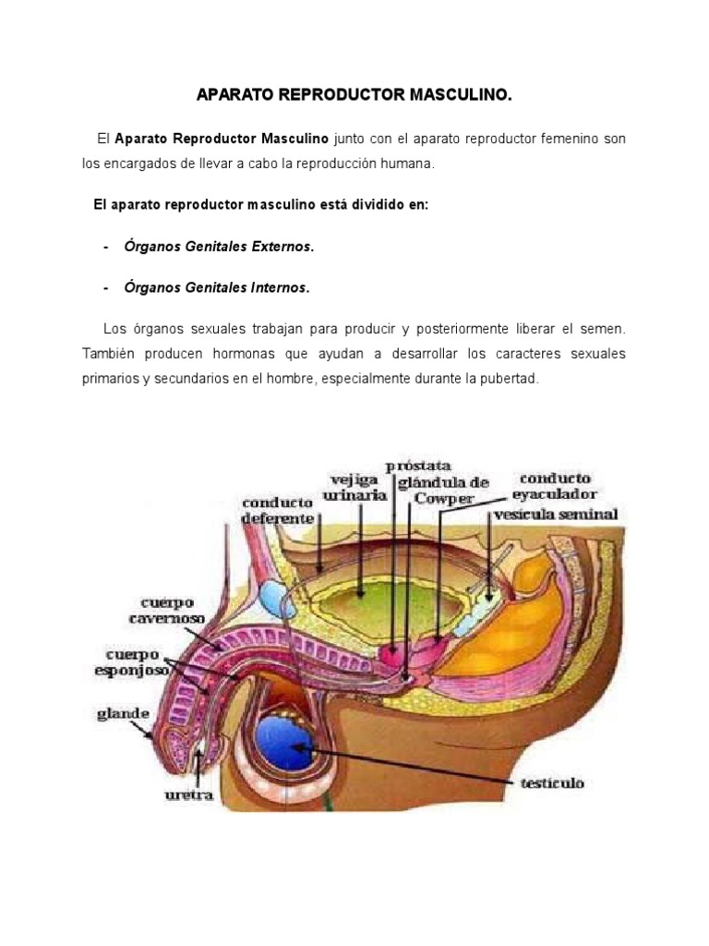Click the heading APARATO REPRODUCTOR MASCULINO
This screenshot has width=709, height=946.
[x=354, y=95]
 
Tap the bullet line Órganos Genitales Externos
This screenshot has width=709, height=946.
[x=220, y=247]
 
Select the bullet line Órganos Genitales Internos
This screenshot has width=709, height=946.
[x=218, y=287]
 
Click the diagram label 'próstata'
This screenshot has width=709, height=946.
[x=420, y=467]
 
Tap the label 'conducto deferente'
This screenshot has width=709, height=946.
[x=278, y=511]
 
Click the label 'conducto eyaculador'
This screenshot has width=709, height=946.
[x=557, y=486]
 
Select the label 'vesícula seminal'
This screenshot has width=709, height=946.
[x=555, y=514]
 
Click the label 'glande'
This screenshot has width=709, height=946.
[x=122, y=712]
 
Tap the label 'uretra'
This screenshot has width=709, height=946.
[x=190, y=794]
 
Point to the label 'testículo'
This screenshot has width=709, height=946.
[x=551, y=783]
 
